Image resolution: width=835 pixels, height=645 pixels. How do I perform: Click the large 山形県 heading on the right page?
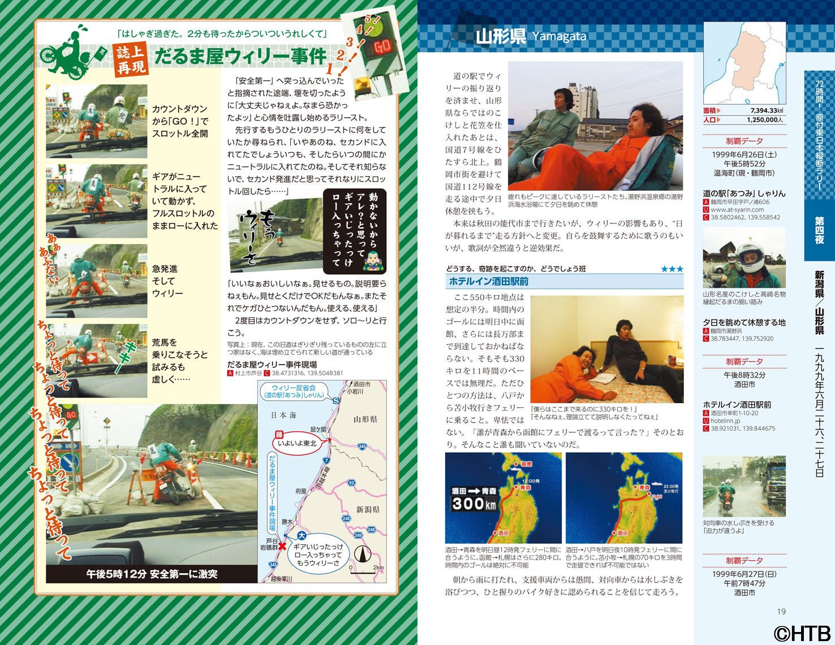pyautogui.click(x=501, y=37)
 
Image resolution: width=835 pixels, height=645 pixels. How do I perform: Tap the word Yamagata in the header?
pyautogui.click(x=559, y=37)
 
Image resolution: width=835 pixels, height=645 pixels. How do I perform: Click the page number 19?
pyautogui.click(x=781, y=611)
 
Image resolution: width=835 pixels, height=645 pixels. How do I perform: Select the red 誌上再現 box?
pyautogui.click(x=131, y=60)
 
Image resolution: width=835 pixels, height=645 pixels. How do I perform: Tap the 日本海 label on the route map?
pyautogui.click(x=283, y=415)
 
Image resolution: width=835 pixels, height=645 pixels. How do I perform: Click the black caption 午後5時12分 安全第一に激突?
pyautogui.click(x=152, y=574)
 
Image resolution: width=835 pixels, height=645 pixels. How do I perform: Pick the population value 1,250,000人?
pyautogui.click(x=765, y=120)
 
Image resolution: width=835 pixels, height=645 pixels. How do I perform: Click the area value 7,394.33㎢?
pyautogui.click(x=767, y=110)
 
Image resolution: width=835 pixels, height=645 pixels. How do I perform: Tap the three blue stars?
pyautogui.click(x=672, y=269)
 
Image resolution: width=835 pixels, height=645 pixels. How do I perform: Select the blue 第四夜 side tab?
pyautogui.click(x=819, y=230)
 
